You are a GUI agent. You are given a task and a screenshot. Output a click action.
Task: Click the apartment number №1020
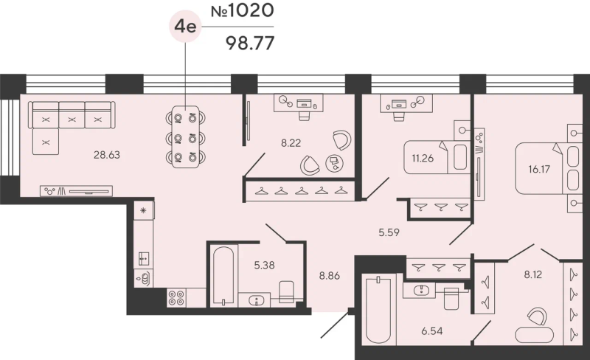pos(242,10)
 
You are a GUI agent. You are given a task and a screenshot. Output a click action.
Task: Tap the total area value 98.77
pos(250,44)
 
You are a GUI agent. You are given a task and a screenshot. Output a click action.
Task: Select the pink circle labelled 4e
pos(186,27)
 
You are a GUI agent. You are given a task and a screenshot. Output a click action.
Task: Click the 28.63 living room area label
pos(107,155)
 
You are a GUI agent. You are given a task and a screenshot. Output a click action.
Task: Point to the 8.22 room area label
pos(291,142)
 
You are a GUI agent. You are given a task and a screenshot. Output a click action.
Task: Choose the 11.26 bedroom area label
pos(423,158)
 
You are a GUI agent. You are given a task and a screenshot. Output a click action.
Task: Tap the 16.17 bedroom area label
pos(539,169)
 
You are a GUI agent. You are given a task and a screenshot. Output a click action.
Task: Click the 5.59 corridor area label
pos(389,232)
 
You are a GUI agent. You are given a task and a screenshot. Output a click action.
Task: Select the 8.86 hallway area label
pos(330,276)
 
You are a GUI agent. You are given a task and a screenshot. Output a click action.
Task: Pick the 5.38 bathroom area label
pos(264,265)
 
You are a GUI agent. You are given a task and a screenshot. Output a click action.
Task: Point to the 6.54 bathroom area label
pos(432,331)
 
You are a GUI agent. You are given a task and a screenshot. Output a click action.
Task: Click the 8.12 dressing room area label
pos(533,274)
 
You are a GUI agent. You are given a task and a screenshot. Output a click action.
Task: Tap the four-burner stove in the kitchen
pos(176,297)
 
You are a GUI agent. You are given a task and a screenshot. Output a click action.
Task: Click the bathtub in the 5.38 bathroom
pos(223,276)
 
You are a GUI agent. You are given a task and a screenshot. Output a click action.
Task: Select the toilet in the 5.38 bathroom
pos(287,292)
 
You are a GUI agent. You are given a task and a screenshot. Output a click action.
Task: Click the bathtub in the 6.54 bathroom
pos(379,310)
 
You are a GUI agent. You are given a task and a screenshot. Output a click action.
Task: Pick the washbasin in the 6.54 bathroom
pos(419,290)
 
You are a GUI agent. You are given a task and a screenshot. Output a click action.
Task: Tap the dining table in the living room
pos(186,137)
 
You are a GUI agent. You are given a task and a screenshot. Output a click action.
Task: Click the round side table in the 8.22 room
pos(335,164)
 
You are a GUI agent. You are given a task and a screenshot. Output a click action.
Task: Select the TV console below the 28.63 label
pos(77,191)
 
